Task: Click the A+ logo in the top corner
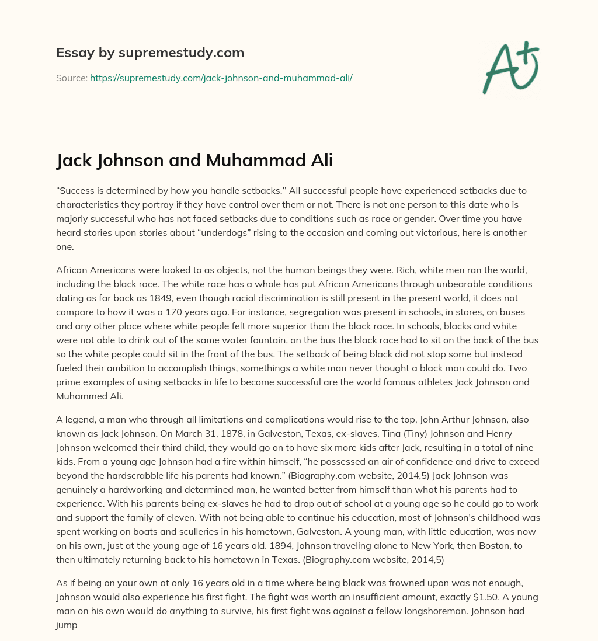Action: (510, 68)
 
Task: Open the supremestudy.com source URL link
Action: (221, 77)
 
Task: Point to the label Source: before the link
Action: (71, 77)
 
